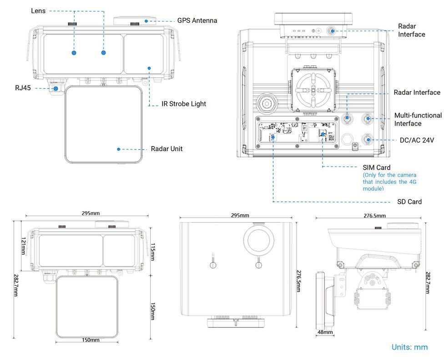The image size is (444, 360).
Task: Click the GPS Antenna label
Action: click(x=197, y=20)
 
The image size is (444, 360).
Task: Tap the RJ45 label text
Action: click(x=23, y=88)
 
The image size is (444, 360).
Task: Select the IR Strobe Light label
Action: click(x=184, y=104)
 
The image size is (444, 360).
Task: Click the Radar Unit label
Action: click(x=166, y=149)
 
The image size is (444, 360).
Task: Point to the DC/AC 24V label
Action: click(x=415, y=140)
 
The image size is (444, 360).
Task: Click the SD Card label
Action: click(x=409, y=202)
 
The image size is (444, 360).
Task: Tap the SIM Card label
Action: click(x=376, y=167)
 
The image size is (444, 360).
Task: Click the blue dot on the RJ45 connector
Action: click(x=56, y=88)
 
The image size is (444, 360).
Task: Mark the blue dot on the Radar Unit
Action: click(x=118, y=149)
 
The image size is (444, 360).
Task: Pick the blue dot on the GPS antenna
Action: click(x=146, y=20)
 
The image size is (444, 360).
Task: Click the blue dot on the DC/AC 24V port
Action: click(x=368, y=139)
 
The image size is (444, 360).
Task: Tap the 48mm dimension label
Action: click(x=325, y=333)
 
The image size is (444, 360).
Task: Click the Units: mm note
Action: click(x=409, y=347)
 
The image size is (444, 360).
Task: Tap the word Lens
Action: click(x=38, y=10)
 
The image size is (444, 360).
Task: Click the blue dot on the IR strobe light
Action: click(x=149, y=68)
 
